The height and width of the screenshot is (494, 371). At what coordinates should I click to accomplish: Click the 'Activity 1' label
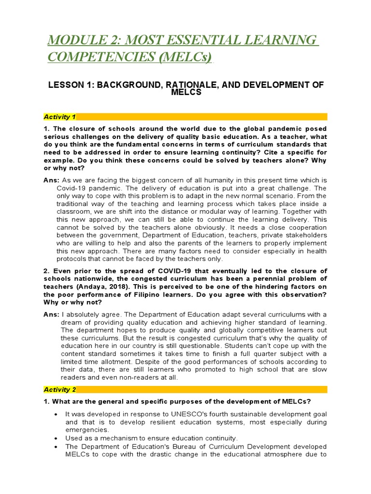pos(59,117)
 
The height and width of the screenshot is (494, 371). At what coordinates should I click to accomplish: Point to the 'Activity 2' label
pos(59,389)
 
